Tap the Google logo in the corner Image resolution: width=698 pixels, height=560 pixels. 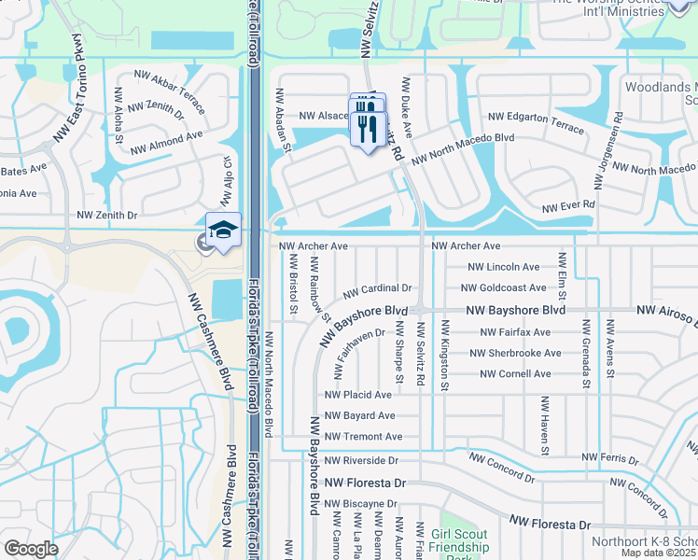(31, 549)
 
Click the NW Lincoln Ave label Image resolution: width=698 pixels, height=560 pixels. (507, 267)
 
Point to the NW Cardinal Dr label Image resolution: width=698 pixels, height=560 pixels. (377, 288)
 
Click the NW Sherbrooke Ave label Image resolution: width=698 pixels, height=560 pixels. (516, 354)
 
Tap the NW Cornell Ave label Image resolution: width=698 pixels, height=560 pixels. (515, 374)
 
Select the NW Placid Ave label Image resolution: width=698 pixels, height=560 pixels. (358, 395)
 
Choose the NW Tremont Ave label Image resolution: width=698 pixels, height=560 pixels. (364, 437)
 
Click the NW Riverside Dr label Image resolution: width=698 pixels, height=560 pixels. (362, 460)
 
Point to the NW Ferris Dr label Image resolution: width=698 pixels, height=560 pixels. (609, 457)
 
